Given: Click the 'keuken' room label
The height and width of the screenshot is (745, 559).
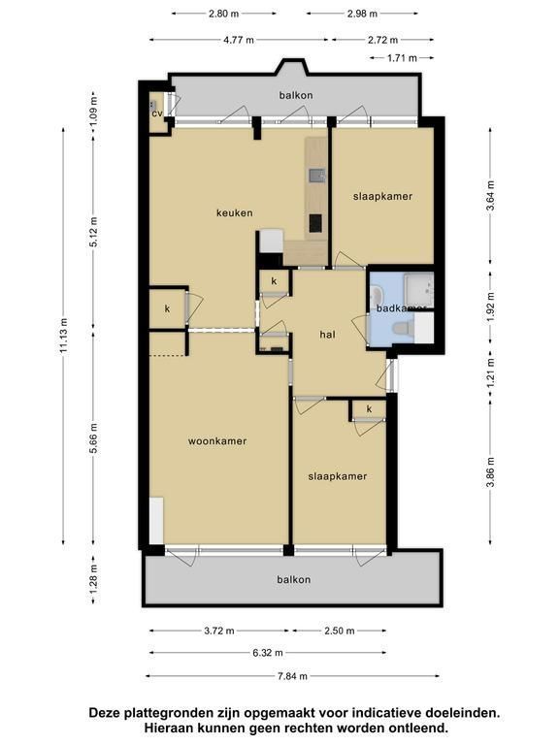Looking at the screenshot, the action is click(x=234, y=212).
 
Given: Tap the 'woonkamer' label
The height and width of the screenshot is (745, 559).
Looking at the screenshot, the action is click(x=217, y=441).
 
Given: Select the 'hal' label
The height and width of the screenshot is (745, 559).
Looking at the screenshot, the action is click(x=327, y=335).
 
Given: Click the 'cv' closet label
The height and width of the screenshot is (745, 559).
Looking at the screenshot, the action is click(x=157, y=113).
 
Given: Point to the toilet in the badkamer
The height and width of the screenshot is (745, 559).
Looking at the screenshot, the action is click(x=403, y=327).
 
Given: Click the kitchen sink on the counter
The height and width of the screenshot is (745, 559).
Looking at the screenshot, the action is click(x=317, y=176).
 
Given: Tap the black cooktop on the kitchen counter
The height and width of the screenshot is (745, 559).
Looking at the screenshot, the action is click(x=314, y=223).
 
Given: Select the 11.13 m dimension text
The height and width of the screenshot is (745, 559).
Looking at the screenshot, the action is click(x=64, y=336).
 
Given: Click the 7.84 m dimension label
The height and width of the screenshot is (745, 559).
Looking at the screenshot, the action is click(x=292, y=675).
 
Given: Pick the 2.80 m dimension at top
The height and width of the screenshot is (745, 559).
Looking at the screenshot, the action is click(x=223, y=14).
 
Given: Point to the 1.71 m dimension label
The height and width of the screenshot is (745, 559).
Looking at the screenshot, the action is click(x=402, y=58).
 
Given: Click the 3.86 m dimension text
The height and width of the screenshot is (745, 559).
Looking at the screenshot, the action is click(x=491, y=472).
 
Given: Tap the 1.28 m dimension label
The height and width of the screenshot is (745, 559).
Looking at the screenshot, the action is click(x=93, y=578).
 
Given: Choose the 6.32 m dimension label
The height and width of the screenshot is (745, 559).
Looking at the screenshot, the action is click(x=268, y=653).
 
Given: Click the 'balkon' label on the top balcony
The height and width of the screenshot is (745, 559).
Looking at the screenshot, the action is click(x=296, y=95).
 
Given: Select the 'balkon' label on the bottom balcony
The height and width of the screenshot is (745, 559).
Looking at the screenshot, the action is click(x=294, y=580).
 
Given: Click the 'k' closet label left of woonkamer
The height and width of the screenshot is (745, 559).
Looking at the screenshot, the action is click(x=167, y=308).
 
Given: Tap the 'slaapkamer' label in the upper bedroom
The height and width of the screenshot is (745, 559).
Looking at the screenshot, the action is click(x=382, y=196).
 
